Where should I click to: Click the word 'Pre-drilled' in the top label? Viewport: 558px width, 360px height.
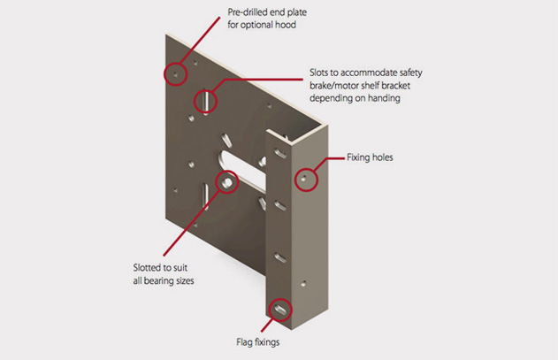248,12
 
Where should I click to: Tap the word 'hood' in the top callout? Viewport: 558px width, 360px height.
286,25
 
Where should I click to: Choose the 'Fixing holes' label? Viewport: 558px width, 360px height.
370,157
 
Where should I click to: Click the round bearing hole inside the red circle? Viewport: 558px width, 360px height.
227,183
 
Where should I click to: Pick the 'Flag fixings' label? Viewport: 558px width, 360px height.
258,342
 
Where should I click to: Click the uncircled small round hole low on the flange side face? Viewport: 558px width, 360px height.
303,284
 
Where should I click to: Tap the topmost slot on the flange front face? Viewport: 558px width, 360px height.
280,154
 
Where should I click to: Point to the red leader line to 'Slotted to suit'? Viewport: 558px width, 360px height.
191,224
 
